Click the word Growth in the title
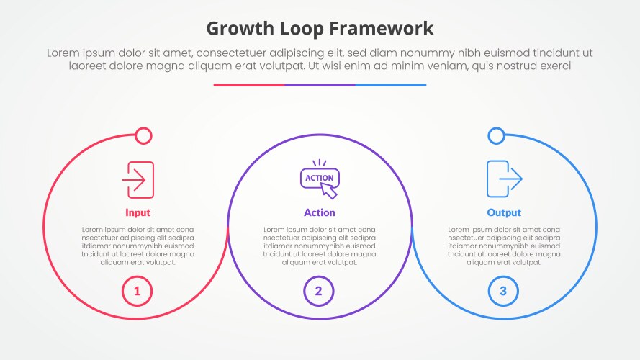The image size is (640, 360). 240,29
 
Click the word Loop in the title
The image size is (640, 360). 301,29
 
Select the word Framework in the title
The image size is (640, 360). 382,29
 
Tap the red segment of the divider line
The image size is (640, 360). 248,85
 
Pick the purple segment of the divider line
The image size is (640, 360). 320,85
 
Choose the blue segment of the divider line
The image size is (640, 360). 391,85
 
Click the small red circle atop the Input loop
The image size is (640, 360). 143,136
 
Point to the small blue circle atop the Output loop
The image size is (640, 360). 496,136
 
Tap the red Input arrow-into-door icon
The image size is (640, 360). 138,179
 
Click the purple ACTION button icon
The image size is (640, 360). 320,179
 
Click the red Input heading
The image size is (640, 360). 138,212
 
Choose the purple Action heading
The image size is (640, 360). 320,212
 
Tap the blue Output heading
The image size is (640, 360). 504,212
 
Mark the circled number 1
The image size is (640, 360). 137,291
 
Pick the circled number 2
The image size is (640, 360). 319,291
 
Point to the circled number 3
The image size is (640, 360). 503,291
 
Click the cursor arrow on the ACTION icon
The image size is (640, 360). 328,191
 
